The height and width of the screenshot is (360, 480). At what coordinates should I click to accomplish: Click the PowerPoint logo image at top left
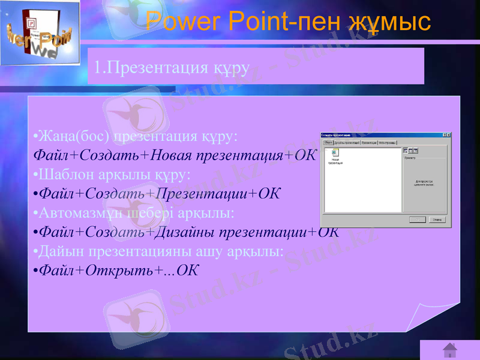pyautogui.click(x=40, y=34)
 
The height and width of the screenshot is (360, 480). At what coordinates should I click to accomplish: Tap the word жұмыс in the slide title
pyautogui.click(x=389, y=22)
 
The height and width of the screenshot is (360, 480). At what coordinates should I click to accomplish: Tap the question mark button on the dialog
pyautogui.click(x=443, y=135)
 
